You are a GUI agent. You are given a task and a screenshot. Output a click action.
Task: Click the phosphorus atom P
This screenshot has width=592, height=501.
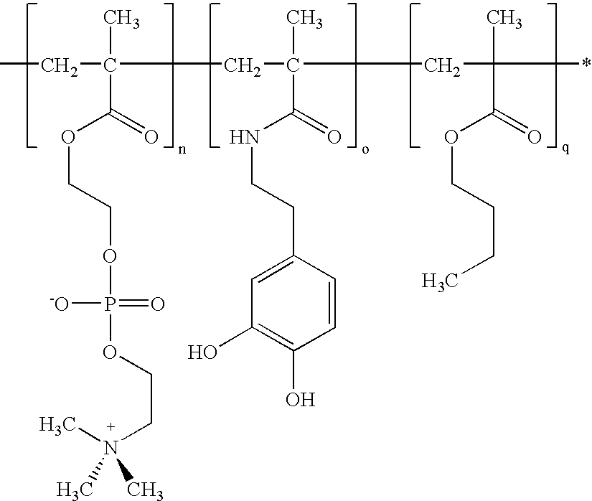[110, 304]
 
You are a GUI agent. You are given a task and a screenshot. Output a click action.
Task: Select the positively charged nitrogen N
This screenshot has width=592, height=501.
[111, 448]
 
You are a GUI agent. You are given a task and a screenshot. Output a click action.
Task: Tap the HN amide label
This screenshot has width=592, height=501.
[243, 136]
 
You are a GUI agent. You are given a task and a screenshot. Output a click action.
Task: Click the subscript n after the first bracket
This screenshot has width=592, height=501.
[182, 150]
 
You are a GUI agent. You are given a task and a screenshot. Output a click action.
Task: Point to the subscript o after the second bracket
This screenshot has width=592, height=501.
[365, 150]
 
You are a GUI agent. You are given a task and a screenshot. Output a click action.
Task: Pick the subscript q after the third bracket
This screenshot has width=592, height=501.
[565, 149]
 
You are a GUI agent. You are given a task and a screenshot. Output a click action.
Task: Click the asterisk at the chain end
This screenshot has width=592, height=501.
[586, 63]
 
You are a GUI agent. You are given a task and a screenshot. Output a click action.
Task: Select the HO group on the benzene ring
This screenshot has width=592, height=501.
[203, 352]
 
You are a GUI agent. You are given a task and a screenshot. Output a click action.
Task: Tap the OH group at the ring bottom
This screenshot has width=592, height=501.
[301, 399]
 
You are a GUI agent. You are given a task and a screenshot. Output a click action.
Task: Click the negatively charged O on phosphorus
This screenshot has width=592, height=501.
[60, 303]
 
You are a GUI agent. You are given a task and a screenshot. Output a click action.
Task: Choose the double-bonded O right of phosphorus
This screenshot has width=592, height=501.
[158, 304]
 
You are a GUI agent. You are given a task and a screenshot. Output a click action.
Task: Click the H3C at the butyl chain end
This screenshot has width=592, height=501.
[439, 281]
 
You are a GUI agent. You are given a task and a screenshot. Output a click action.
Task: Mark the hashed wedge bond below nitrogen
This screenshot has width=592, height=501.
[99, 469]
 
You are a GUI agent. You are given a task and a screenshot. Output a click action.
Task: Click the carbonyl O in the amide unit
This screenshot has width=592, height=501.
[334, 136]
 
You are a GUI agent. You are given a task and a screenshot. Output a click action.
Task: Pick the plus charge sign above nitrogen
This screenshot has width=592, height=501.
[111, 427]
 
